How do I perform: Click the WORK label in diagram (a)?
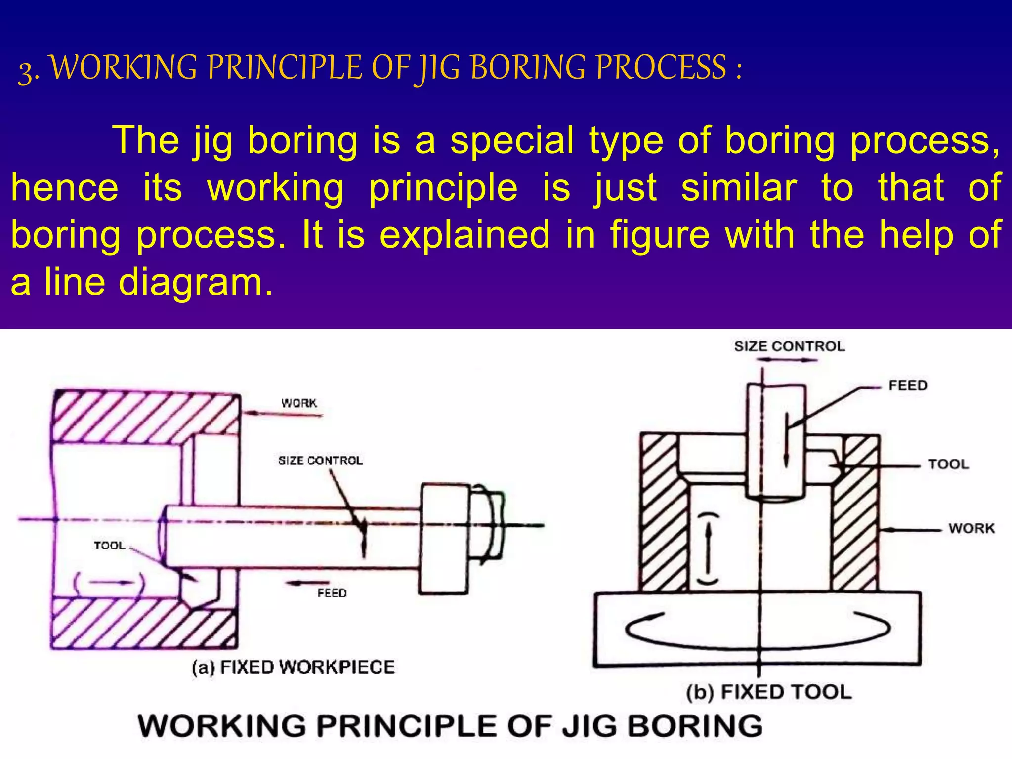(x=299, y=403)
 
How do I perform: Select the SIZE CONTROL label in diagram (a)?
(x=320, y=461)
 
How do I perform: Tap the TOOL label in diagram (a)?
(x=109, y=546)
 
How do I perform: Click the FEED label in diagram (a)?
(x=332, y=593)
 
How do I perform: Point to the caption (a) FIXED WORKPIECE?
(x=293, y=667)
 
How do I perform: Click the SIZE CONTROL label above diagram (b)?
(x=789, y=346)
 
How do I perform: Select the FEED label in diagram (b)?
(x=907, y=385)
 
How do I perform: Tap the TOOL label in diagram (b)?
(x=948, y=464)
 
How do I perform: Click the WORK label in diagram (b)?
(x=971, y=528)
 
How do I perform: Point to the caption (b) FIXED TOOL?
(x=769, y=692)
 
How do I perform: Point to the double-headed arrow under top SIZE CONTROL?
(x=786, y=360)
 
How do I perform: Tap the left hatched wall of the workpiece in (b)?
(x=662, y=514)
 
